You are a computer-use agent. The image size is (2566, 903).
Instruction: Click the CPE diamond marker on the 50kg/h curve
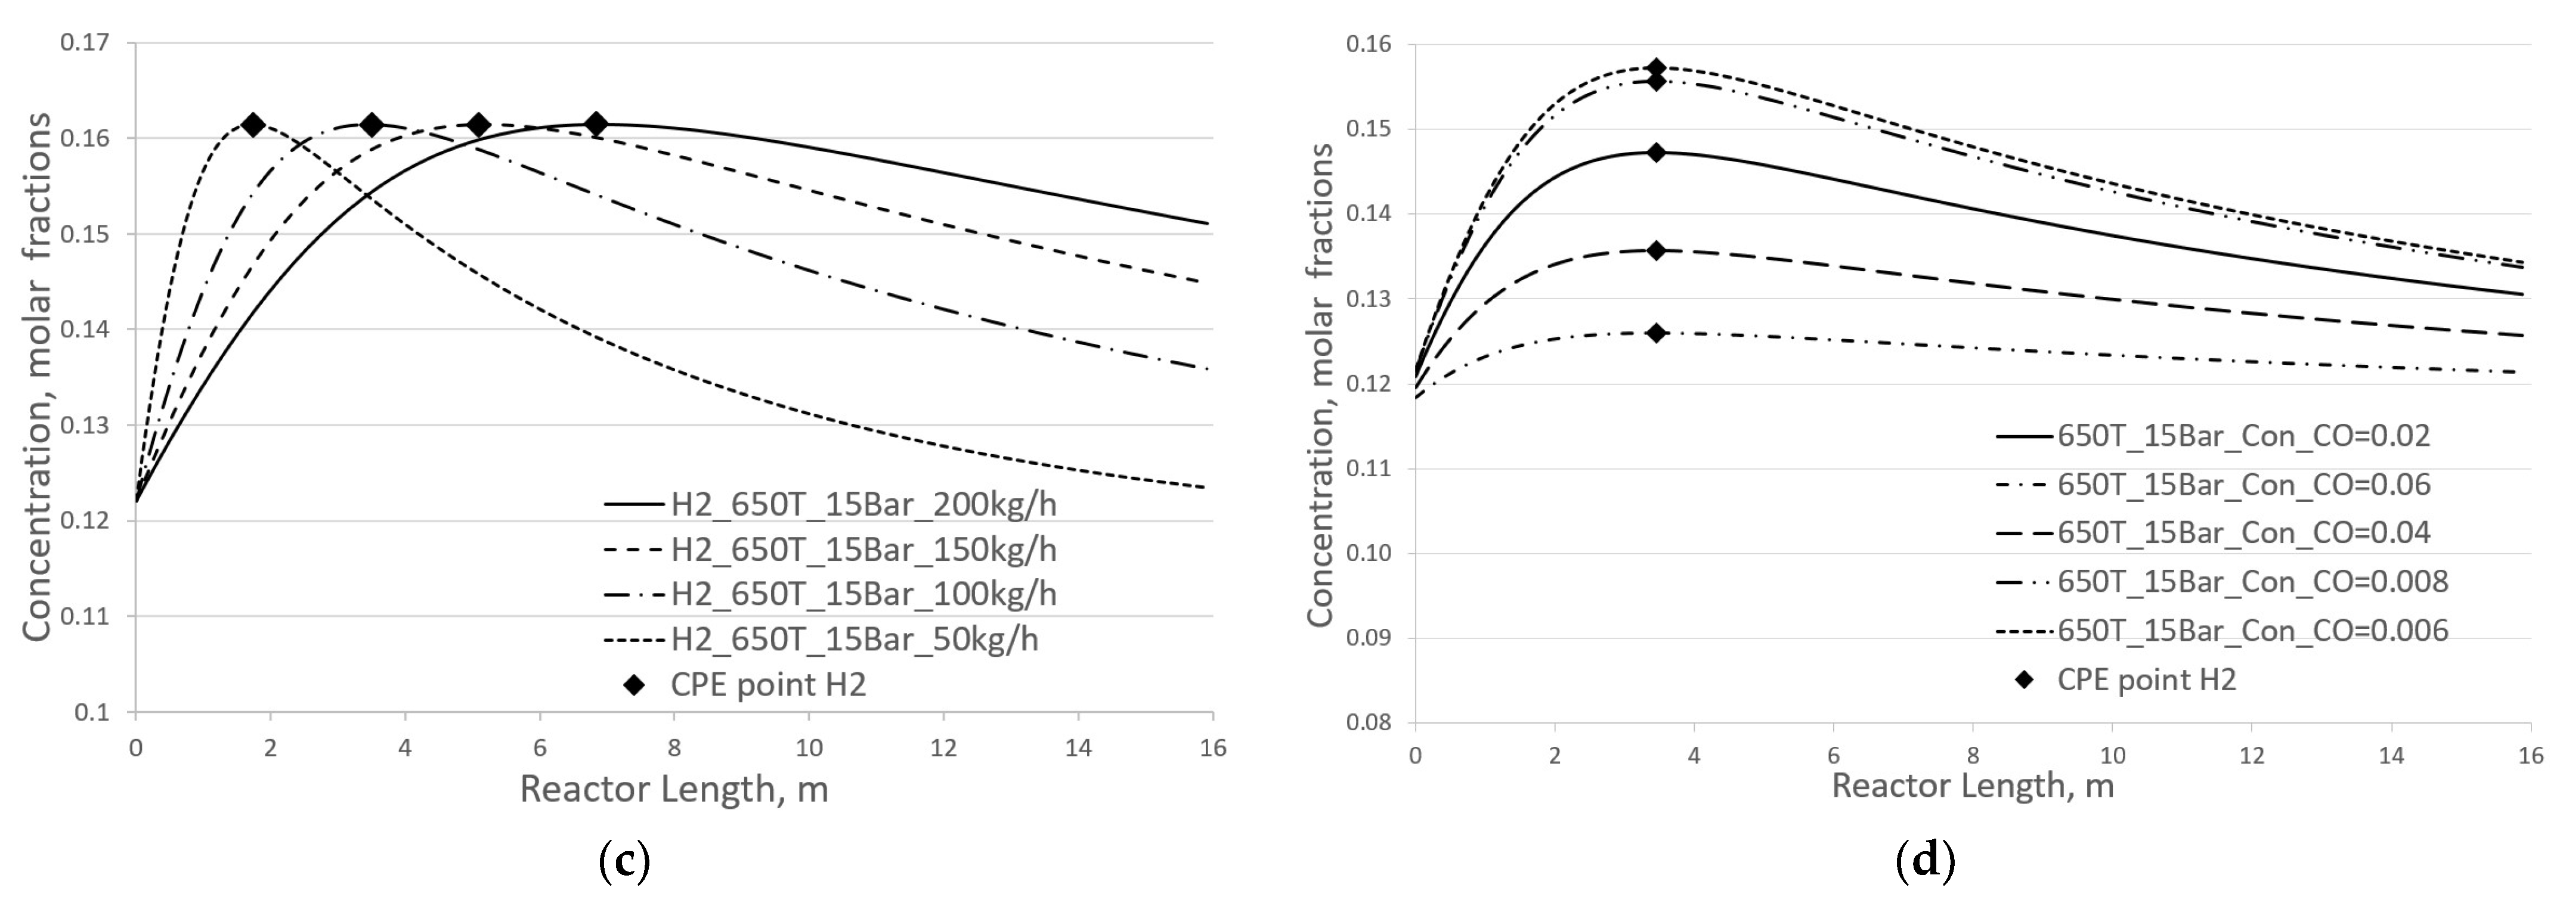coord(253,125)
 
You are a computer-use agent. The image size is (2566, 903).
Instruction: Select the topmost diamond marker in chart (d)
coord(1655,69)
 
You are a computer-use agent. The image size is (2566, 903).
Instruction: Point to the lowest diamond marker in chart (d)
coord(1655,333)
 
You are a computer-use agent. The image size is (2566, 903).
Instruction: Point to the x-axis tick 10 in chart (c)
coord(809,747)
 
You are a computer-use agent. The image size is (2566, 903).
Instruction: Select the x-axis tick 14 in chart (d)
coord(2391,756)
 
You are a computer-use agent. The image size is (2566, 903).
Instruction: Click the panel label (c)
coord(624,861)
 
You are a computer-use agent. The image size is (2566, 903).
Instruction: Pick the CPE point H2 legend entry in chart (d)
coord(2147,680)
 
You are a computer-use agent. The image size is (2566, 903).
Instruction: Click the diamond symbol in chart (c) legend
coord(633,685)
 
